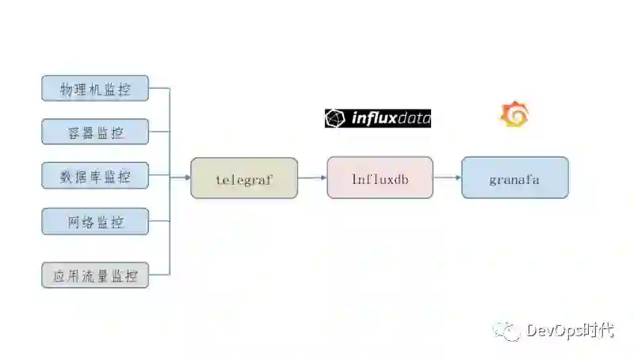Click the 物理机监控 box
coord(95,89)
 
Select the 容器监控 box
coord(95,132)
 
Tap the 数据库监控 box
coord(95,176)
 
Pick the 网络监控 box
coord(95,221)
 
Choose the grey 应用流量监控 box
coord(95,275)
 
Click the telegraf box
coord(244,178)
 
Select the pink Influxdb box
coord(380,178)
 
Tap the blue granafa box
coord(514,178)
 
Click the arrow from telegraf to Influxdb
coord(312,178)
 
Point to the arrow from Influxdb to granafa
coord(448,178)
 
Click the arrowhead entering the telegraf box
coord(186,178)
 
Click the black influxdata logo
coord(378,118)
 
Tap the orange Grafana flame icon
coord(514,115)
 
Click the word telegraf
coord(244,179)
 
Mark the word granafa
coord(514,179)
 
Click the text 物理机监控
coord(95,90)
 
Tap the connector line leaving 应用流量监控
coord(158,275)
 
